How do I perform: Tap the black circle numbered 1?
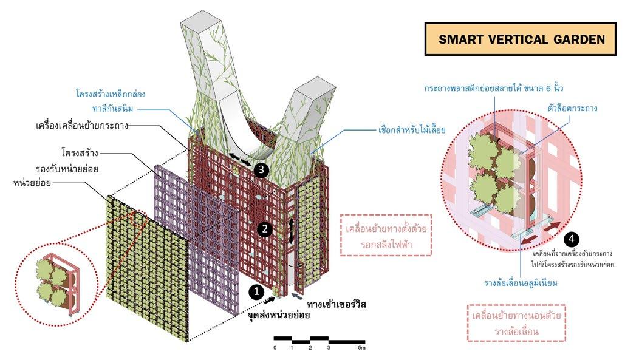[x=256, y=291]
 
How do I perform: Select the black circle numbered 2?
[x=264, y=229]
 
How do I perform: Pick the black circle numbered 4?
[x=570, y=239]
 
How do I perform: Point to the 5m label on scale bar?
[x=361, y=348]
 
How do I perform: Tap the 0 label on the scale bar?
[x=275, y=348]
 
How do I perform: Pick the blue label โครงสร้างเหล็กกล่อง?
[x=111, y=94]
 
